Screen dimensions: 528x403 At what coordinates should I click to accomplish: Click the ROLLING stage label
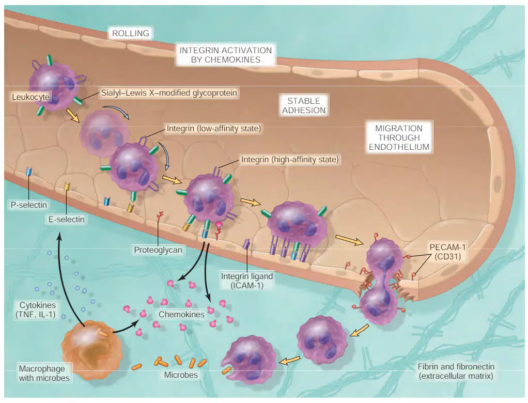(x=131, y=34)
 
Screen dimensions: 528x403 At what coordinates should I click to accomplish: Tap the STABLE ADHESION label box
(x=304, y=105)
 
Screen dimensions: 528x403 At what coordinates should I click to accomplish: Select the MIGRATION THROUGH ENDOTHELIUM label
(x=399, y=137)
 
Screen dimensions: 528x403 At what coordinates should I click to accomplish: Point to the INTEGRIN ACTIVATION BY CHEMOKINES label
(x=226, y=55)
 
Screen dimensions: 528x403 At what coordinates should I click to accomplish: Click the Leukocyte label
(x=30, y=97)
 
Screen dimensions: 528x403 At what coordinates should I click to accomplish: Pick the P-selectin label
(x=28, y=205)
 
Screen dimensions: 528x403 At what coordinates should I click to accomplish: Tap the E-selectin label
(x=66, y=219)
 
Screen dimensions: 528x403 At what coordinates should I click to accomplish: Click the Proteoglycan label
(x=158, y=250)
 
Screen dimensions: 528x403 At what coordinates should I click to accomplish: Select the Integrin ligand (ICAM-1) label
(x=247, y=281)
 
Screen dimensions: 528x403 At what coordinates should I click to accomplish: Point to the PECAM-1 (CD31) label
(x=447, y=252)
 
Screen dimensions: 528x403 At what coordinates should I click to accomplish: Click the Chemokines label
(x=181, y=314)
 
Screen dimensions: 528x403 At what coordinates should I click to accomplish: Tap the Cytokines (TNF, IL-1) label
(x=36, y=309)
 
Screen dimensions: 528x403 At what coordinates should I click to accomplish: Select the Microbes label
(x=181, y=375)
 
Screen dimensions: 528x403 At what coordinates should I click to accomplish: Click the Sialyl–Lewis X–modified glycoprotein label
(x=169, y=92)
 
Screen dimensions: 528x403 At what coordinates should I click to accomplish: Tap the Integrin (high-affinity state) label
(x=290, y=159)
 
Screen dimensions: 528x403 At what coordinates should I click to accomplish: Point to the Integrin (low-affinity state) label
(x=214, y=128)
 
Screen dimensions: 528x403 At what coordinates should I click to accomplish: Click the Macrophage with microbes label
(x=44, y=373)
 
